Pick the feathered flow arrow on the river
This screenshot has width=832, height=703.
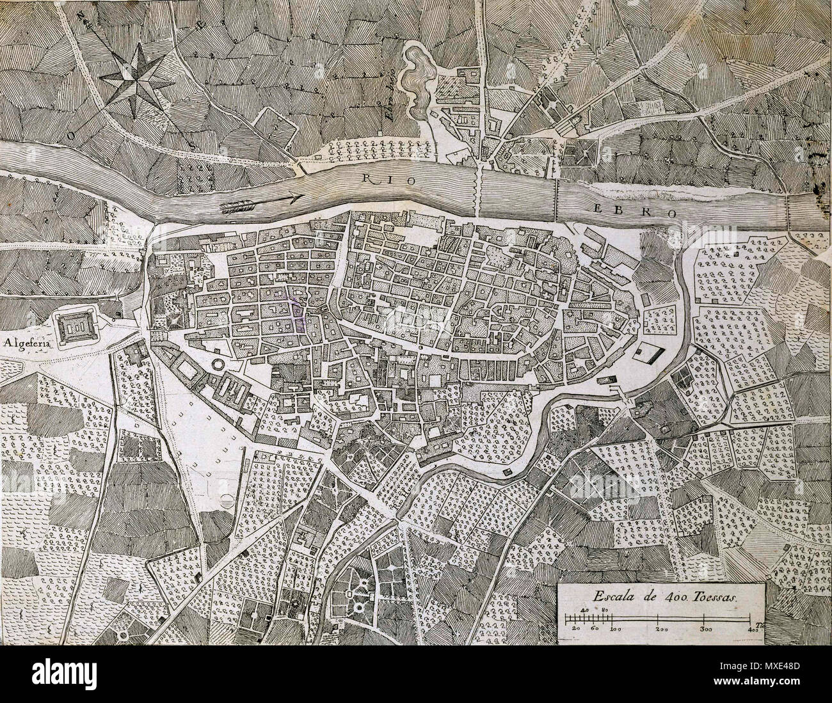[x=261, y=203]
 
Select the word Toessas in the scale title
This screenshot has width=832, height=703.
[x=714, y=594]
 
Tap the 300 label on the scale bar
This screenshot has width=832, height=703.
[x=705, y=630]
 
